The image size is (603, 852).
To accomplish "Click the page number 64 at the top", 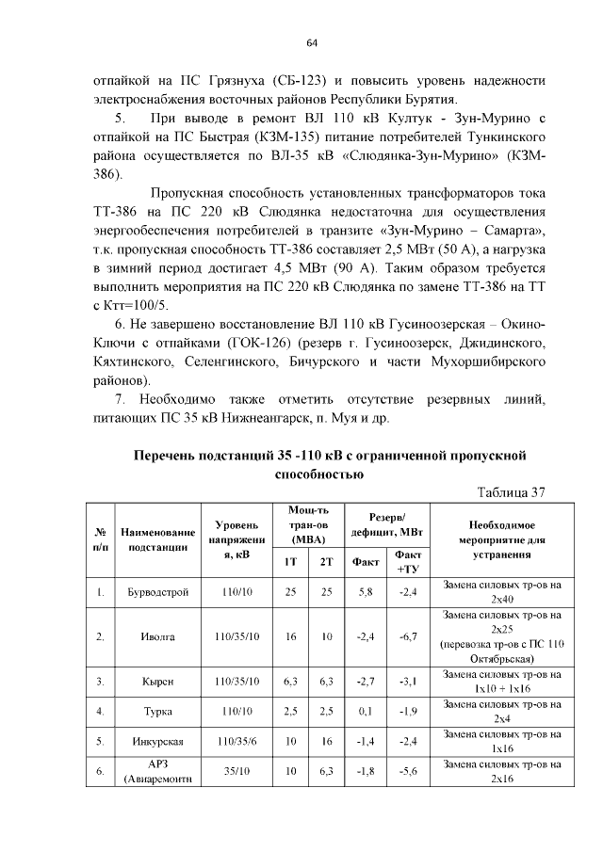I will [x=311, y=42].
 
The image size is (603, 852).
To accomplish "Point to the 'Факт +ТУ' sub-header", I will [x=408, y=562].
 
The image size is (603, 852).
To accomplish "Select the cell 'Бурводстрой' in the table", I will [x=157, y=592].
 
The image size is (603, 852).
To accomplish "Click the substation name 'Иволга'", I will [x=157, y=636].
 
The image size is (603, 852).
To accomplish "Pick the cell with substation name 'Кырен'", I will [x=157, y=681].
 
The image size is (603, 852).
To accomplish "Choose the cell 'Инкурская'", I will [x=157, y=742].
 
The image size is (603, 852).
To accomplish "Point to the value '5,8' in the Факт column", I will [x=366, y=592].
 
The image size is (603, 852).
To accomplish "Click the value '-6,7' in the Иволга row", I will [x=408, y=636].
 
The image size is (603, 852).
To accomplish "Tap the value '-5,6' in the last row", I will [x=408, y=772].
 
